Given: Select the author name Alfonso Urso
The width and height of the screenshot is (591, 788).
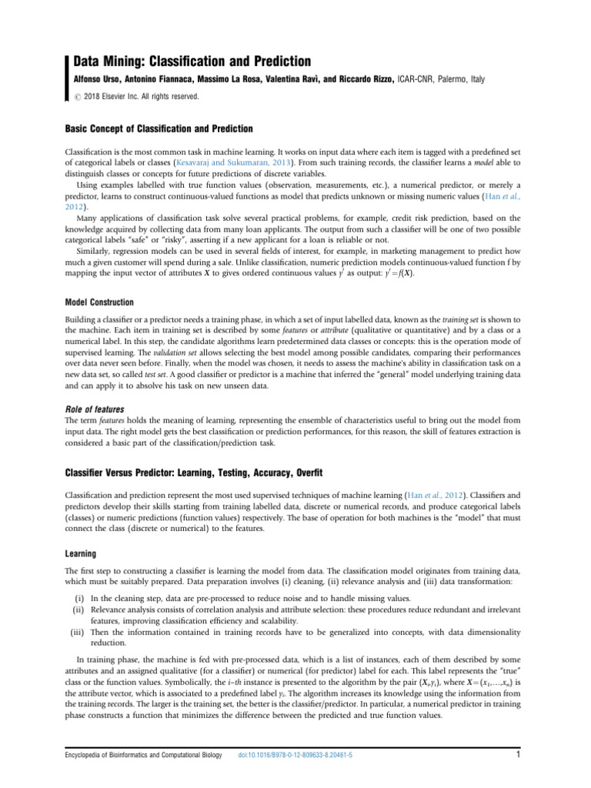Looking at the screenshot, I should [x=99, y=79].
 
